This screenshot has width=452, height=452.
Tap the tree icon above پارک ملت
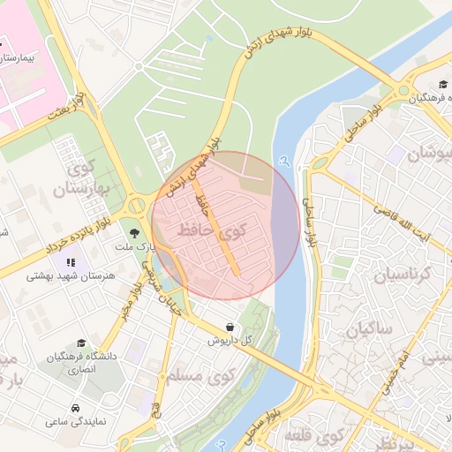point(135,233)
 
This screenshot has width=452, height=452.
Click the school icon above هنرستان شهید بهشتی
point(70,262)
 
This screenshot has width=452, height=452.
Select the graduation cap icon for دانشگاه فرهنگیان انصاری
point(81,343)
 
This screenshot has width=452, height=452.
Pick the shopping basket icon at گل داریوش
point(230,327)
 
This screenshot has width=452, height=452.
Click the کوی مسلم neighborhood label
point(197,377)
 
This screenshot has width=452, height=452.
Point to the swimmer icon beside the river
point(283,161)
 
